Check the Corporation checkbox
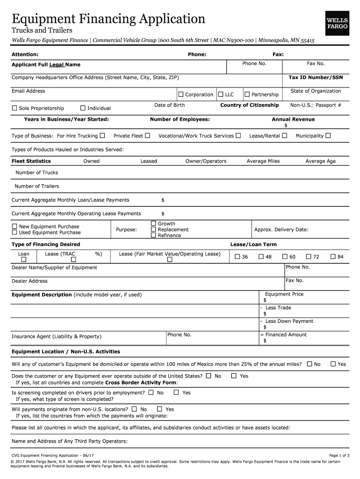(181, 94)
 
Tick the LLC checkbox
(221, 94)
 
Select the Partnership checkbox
(247, 94)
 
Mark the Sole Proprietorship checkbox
(14, 108)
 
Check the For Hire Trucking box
(102, 136)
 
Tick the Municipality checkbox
(328, 136)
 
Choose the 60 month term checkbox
(285, 256)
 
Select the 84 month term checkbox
(333, 256)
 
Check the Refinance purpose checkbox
(153, 235)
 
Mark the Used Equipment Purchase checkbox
(14, 232)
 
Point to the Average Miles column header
(263, 161)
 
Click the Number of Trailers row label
(37, 186)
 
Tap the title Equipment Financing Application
(108, 19)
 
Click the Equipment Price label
(284, 294)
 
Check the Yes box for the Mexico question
(333, 364)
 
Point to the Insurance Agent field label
(56, 337)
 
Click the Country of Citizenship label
(250, 105)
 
